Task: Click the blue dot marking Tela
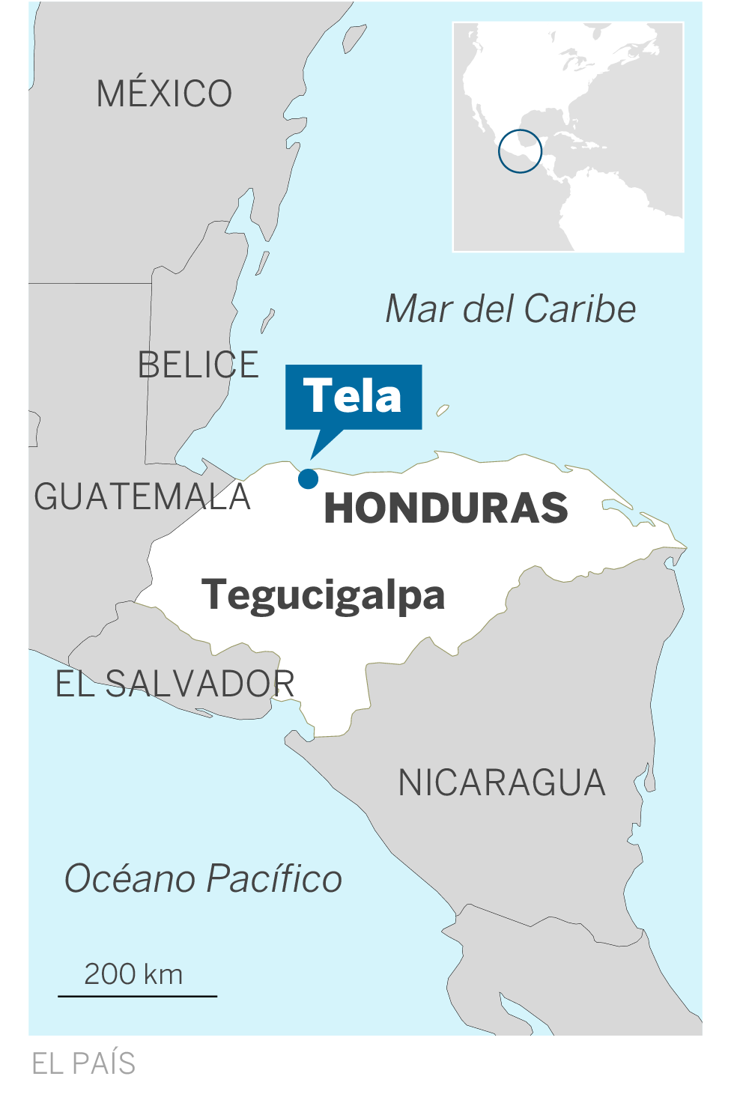tap(308, 478)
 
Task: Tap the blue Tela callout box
tap(354, 397)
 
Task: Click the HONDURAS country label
tap(446, 508)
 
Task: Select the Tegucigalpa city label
tap(323, 596)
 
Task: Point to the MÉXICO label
tap(164, 94)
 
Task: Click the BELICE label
tap(198, 365)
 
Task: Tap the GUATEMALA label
tap(142, 497)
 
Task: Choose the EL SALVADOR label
tap(175, 684)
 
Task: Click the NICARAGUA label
tap(501, 783)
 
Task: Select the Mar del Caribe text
tap(510, 309)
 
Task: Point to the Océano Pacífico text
tap(203, 879)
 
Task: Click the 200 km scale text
tap(133, 974)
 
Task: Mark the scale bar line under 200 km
tap(138, 996)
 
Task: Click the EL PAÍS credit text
tap(83, 1063)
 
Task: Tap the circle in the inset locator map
tap(520, 151)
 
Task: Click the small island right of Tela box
tap(443, 410)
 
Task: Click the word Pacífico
tap(274, 879)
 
